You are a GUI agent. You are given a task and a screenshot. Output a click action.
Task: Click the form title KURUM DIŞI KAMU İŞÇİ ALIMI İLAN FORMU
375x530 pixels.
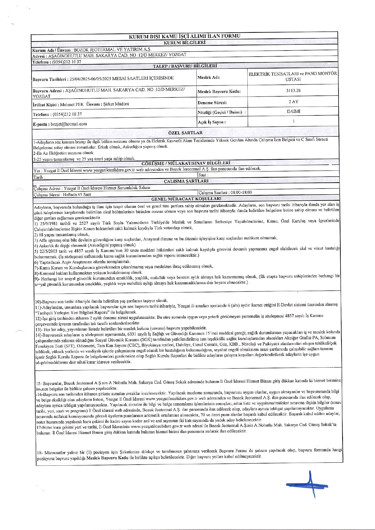coord(184,36)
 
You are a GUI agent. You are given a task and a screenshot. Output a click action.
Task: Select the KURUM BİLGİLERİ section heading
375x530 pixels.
coord(184,43)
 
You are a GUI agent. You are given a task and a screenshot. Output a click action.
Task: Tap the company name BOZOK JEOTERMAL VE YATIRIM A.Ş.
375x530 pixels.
coord(112,50)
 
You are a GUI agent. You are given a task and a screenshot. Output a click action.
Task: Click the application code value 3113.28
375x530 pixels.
coord(293,90)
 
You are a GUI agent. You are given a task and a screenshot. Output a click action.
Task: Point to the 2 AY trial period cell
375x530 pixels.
coord(293,102)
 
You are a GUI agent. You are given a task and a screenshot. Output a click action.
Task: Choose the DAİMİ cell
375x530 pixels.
coord(293,111)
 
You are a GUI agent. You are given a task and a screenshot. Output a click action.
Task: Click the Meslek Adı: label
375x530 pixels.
coord(209,77)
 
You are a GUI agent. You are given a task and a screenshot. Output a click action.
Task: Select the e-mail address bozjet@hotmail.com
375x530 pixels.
coord(69,124)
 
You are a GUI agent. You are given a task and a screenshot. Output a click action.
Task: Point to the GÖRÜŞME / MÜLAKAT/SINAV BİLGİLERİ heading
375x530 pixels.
coord(186,163)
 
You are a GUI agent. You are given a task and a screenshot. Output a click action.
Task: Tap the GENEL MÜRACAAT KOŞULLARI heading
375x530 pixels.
coord(186,199)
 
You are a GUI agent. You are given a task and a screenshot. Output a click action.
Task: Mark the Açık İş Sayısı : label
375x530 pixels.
coord(212,122)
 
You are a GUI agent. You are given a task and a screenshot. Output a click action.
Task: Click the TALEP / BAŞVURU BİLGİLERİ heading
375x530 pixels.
coord(185,66)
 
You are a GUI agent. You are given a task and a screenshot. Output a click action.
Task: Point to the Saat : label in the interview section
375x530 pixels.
coord(203,175)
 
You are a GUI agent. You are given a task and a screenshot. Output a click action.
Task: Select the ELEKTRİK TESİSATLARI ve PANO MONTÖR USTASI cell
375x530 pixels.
coord(293,76)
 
